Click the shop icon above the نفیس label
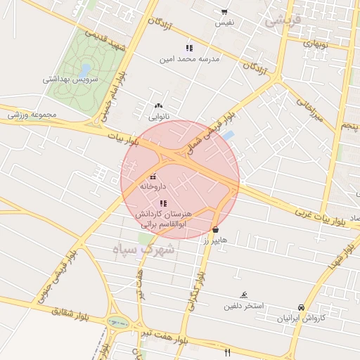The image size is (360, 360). pos(224,12)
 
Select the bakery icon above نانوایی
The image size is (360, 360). pos(158,105)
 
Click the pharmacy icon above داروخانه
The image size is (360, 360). pos(153,176)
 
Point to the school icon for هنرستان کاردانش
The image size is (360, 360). pos(164,202)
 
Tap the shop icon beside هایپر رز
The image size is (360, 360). pos(215,230)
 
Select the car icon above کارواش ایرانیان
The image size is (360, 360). pos(301,307)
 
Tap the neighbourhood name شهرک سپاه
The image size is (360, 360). pos(143,250)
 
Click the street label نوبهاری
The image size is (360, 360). pos(315,43)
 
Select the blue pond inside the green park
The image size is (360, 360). pos(85,70)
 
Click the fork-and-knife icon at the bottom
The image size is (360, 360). pos(226,352)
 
